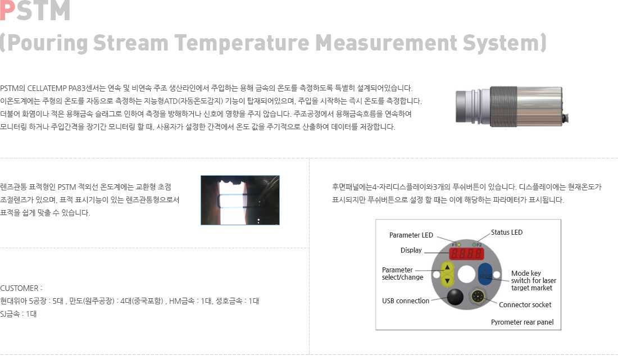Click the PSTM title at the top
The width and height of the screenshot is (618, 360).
click(x=35, y=10)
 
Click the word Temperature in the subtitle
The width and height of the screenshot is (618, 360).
click(x=242, y=43)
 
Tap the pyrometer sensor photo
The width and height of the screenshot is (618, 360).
click(x=512, y=106)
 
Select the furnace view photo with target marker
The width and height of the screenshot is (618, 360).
click(x=240, y=200)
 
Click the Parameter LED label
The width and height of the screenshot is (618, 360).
click(x=411, y=235)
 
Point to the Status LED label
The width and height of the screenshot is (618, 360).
click(x=506, y=233)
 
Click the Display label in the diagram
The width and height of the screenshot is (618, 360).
click(x=411, y=250)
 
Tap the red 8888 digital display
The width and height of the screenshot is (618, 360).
click(x=466, y=254)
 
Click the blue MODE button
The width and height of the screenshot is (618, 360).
click(x=485, y=274)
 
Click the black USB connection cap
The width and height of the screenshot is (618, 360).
click(x=455, y=297)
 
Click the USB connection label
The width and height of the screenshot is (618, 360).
click(x=406, y=301)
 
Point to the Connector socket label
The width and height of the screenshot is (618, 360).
click(x=525, y=305)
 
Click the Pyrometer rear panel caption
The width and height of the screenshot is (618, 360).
click(x=522, y=322)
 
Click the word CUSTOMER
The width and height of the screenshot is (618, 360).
click(x=20, y=288)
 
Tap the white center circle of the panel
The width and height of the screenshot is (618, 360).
click(x=467, y=274)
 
